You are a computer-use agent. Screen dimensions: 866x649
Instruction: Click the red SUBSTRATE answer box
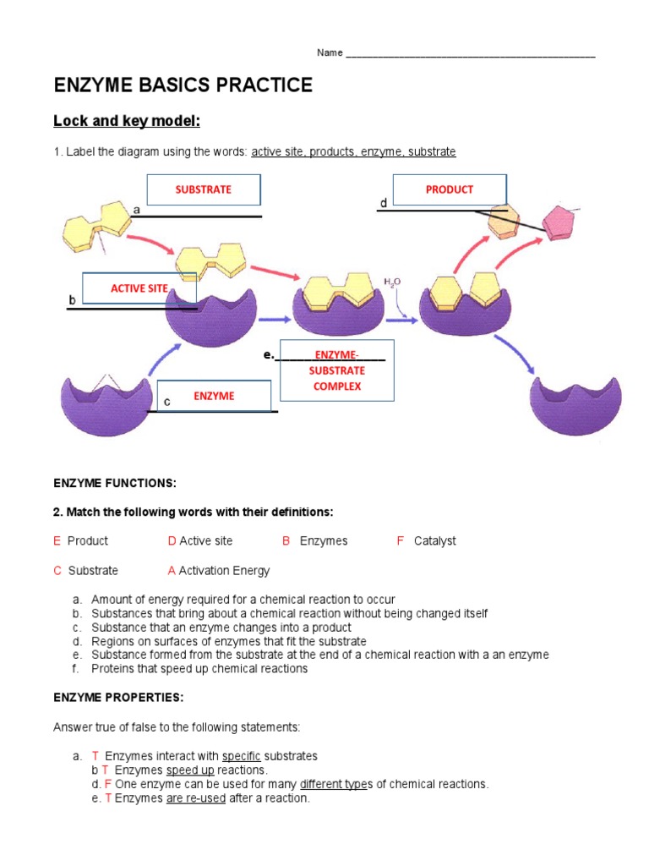point(204,189)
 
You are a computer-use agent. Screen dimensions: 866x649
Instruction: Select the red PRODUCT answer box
point(450,189)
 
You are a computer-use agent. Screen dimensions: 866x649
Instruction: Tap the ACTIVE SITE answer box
point(139,288)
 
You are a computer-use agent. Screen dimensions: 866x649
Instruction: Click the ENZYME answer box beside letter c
point(214,396)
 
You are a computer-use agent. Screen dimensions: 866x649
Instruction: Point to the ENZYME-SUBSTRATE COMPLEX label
point(336,370)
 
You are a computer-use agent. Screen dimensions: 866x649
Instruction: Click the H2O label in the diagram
point(392,282)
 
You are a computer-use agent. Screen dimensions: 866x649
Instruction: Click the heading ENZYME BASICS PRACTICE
point(183,85)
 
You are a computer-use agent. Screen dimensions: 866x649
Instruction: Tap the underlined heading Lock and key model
point(127,121)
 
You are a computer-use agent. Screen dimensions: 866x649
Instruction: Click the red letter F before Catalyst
point(401,541)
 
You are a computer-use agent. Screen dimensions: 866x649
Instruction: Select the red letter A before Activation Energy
point(172,571)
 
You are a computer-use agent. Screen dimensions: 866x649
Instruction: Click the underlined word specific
point(241,756)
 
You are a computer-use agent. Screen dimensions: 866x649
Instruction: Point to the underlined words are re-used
point(196,798)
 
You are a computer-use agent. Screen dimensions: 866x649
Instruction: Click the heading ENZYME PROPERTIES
point(118,698)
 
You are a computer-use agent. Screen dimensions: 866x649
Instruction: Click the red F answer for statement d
point(108,785)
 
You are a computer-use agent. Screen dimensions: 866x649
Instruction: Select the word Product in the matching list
point(88,541)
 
